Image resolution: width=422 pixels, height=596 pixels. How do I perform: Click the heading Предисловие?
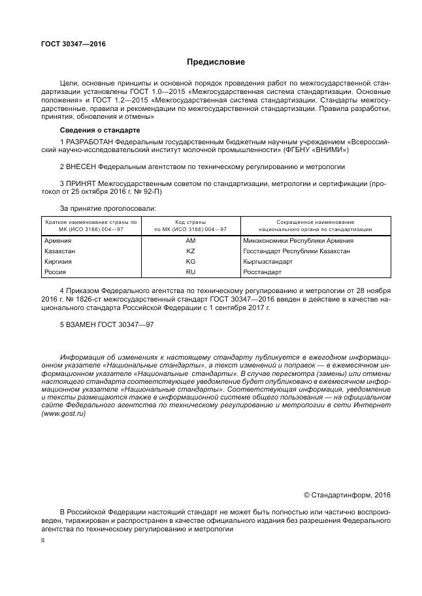[216, 62]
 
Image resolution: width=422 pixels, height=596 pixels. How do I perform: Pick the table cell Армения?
[57, 241]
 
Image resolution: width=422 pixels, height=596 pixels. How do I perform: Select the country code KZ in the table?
[191, 251]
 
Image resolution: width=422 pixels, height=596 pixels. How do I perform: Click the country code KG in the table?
[191, 261]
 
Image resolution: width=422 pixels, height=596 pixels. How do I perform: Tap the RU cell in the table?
[191, 272]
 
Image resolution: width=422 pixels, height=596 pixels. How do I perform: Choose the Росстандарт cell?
[262, 272]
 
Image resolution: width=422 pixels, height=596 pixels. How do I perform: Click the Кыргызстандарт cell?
[267, 261]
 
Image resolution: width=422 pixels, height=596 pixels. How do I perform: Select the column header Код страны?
[190, 223]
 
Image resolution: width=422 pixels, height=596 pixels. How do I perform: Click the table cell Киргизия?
[58, 261]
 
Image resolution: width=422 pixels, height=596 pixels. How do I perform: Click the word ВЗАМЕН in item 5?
[84, 324]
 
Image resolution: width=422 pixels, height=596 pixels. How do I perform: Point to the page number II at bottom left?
[43, 540]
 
